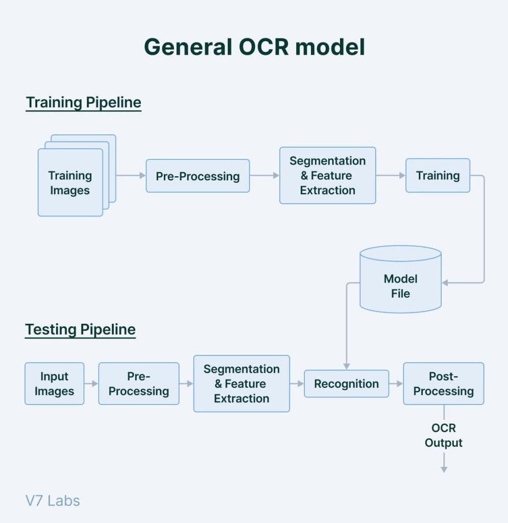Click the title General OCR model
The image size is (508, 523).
[254, 47]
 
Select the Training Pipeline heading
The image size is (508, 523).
[83, 103]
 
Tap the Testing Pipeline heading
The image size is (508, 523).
[80, 329]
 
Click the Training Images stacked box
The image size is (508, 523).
[70, 182]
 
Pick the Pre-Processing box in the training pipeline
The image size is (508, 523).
[198, 176]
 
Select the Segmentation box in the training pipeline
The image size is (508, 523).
[327, 175]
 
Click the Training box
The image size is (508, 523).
[438, 175]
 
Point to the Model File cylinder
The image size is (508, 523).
[400, 286]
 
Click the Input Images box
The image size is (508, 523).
[54, 384]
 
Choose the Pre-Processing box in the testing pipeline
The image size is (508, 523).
[138, 384]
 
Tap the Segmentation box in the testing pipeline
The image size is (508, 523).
[241, 384]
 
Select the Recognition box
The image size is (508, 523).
[346, 384]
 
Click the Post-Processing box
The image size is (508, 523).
[443, 384]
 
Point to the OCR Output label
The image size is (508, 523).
[443, 435]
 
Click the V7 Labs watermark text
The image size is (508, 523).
[53, 501]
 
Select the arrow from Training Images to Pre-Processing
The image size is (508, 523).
[131, 176]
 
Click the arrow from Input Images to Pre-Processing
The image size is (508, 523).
[91, 384]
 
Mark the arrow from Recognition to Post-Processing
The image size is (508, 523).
[396, 384]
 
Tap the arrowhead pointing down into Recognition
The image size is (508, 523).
[346, 366]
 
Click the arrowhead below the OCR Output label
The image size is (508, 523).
[444, 469]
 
